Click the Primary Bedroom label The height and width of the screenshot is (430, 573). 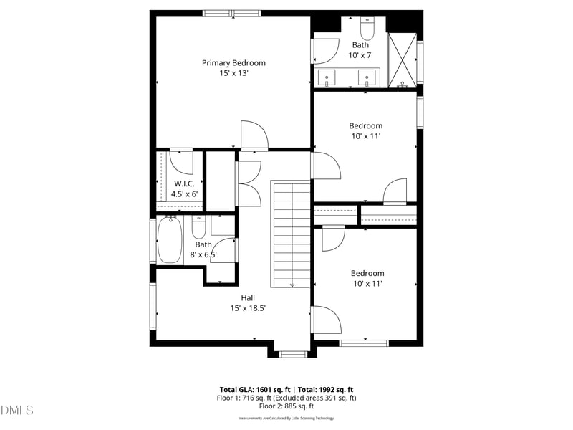click(x=233, y=63)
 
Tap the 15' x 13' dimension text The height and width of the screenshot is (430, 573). click(x=233, y=73)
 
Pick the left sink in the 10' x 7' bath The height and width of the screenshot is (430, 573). click(x=327, y=77)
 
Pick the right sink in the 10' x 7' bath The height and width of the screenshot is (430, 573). click(x=368, y=77)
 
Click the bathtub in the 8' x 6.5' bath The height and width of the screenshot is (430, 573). click(x=170, y=240)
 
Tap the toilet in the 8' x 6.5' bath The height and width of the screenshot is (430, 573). click(x=199, y=227)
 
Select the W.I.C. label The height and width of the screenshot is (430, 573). click(x=184, y=183)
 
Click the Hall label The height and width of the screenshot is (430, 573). click(x=248, y=297)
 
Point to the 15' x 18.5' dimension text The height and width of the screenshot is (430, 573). click(x=248, y=308)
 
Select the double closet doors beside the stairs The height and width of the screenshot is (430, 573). click(x=248, y=183)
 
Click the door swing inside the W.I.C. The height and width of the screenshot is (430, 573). click(x=181, y=163)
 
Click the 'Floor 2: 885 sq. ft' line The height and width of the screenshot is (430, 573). click(x=286, y=406)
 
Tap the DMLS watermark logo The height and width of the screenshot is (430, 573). click(x=17, y=411)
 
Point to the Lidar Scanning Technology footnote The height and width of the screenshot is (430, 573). click(x=286, y=418)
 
